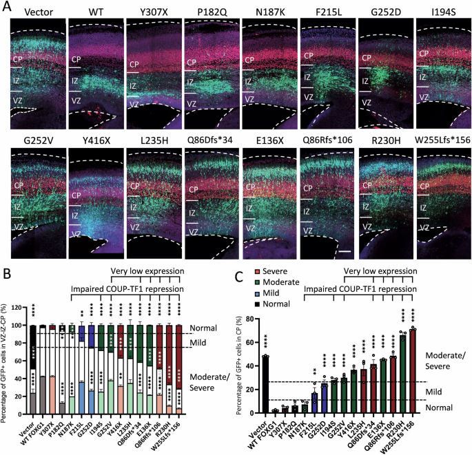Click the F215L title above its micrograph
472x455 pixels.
pos(321,12)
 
